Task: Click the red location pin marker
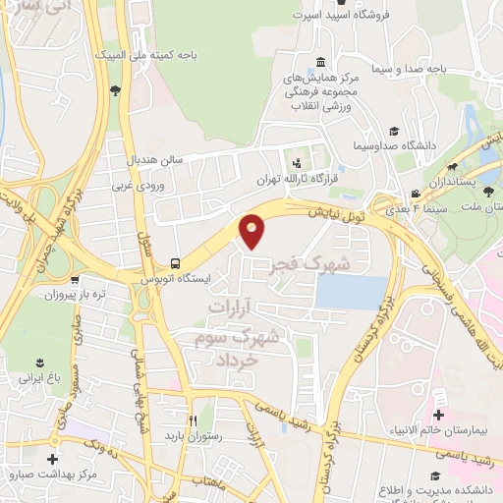252,232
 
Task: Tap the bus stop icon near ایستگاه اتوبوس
174,263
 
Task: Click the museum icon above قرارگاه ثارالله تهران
296,163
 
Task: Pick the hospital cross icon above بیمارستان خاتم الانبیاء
437,414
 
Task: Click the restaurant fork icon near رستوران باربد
193,419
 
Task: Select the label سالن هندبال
147,158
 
